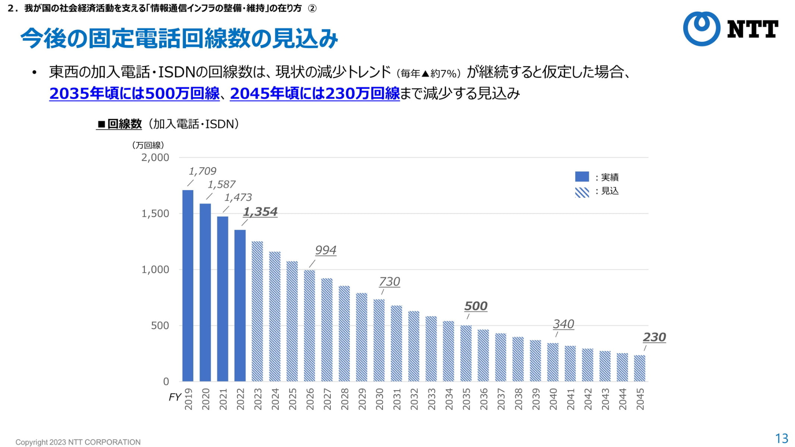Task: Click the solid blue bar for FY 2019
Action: [188, 286]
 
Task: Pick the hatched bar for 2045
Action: [640, 368]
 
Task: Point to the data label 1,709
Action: [202, 171]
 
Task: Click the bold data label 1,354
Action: [260, 211]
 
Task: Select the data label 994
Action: [325, 250]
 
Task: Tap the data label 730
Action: [389, 281]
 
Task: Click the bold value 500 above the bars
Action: [476, 306]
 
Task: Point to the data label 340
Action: [564, 324]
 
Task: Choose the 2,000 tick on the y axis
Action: [155, 157]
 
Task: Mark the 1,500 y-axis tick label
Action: [155, 214]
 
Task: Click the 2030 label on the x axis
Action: [379, 399]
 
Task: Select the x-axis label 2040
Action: [553, 399]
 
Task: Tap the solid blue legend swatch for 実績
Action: [582, 177]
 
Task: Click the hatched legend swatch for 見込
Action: [582, 192]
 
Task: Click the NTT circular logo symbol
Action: [701, 29]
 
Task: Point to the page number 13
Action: [781, 438]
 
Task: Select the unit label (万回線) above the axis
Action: [148, 145]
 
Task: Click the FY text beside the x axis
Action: [175, 397]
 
